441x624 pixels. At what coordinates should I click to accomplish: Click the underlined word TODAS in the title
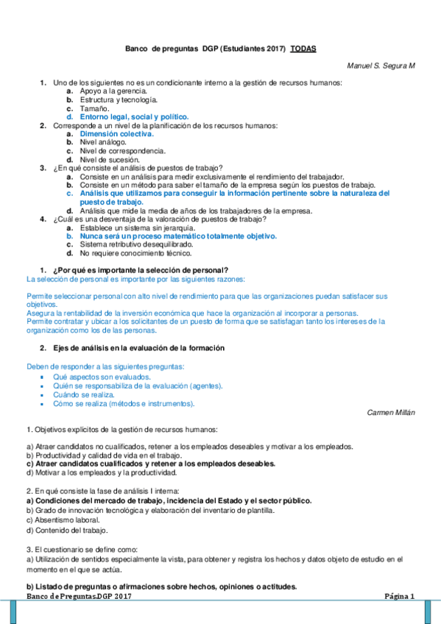click(x=303, y=48)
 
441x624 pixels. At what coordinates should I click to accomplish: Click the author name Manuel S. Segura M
click(x=381, y=66)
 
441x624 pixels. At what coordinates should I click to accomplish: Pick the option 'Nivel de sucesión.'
click(x=109, y=160)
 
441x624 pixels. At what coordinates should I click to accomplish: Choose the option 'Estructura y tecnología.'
click(x=119, y=99)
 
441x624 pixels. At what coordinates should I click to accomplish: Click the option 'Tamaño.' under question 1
click(x=94, y=108)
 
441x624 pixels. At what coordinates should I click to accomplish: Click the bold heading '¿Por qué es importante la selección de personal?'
click(x=140, y=269)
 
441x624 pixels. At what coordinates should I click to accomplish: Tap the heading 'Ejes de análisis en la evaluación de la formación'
click(x=138, y=347)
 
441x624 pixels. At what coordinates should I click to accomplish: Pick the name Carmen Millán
click(x=391, y=413)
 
